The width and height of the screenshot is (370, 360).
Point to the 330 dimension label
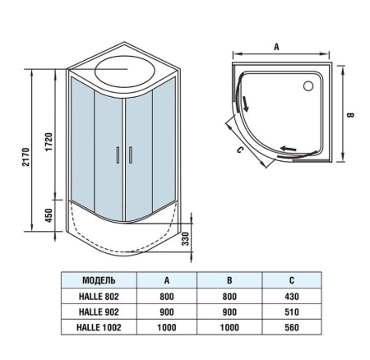click(x=186, y=238)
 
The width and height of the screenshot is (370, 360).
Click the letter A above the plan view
click(x=276, y=48)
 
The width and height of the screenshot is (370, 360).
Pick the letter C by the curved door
click(x=238, y=150)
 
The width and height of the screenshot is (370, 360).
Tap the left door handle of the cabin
click(x=118, y=155)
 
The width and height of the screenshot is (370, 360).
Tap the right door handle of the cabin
click(x=127, y=155)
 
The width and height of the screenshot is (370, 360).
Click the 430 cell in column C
click(x=290, y=297)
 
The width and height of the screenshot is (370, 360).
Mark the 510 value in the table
click(x=290, y=313)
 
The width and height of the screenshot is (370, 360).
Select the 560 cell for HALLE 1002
click(x=290, y=330)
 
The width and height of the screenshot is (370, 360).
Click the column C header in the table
click(x=290, y=280)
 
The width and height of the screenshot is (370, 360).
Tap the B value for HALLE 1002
click(x=229, y=330)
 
